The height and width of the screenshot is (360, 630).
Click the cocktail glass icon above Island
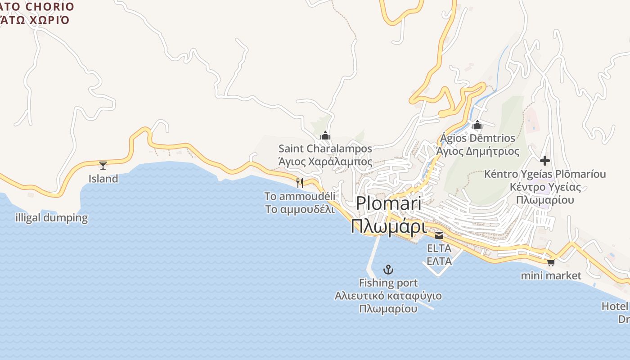pos(103,165)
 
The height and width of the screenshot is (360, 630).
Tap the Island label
pos(103,179)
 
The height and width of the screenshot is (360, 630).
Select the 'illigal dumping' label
pos(51,218)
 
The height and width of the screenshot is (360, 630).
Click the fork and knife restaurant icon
pos(300,183)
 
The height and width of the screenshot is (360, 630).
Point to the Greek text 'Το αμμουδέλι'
pos(300,209)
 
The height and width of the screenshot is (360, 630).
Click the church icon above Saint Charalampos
pos(325,135)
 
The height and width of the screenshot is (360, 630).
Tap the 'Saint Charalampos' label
pos(325,148)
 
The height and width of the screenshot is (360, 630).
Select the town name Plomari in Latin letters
pos(388,203)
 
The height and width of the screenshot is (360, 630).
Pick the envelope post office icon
pos(439,235)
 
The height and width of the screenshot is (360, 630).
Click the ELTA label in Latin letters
pos(439,248)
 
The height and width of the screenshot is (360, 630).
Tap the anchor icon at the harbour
pos(388,270)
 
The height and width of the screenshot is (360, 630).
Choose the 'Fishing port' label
pos(388,283)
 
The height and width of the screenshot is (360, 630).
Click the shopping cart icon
pos(551,262)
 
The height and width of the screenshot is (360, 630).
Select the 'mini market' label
pos(551,275)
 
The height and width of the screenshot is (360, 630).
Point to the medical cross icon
pos(545,160)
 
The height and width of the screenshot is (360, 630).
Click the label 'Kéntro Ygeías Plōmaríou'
pos(545,174)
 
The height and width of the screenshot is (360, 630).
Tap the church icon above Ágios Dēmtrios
pos(477,125)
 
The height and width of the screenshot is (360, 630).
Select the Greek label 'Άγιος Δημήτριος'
pos(477,151)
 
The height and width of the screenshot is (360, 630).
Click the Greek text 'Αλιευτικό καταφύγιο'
pos(388,296)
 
